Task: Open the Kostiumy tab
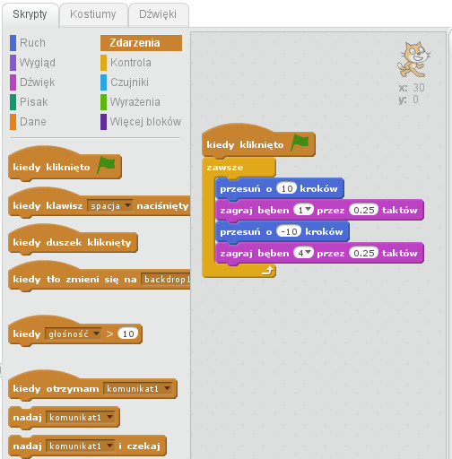pyautogui.click(x=93, y=14)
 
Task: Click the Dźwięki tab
pyautogui.click(x=158, y=14)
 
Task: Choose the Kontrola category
pyautogui.click(x=126, y=63)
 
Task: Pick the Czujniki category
pyautogui.click(x=125, y=82)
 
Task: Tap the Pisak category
pyautogui.click(x=29, y=102)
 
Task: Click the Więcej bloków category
pyautogui.click(x=141, y=122)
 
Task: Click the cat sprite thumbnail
pyautogui.click(x=413, y=60)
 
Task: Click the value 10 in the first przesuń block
pyautogui.click(x=286, y=188)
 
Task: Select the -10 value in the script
pyautogui.click(x=289, y=231)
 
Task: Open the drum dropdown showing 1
pyautogui.click(x=303, y=210)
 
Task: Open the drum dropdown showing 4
pyautogui.click(x=303, y=253)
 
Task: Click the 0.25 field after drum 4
pyautogui.click(x=364, y=253)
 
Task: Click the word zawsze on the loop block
pyautogui.click(x=225, y=168)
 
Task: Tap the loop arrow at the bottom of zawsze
pyautogui.click(x=268, y=271)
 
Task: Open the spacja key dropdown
pyautogui.click(x=109, y=205)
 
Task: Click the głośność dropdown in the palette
pyautogui.click(x=73, y=333)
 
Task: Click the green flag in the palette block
pyautogui.click(x=107, y=164)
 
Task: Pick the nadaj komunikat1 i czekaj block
pyautogui.click(x=87, y=446)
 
